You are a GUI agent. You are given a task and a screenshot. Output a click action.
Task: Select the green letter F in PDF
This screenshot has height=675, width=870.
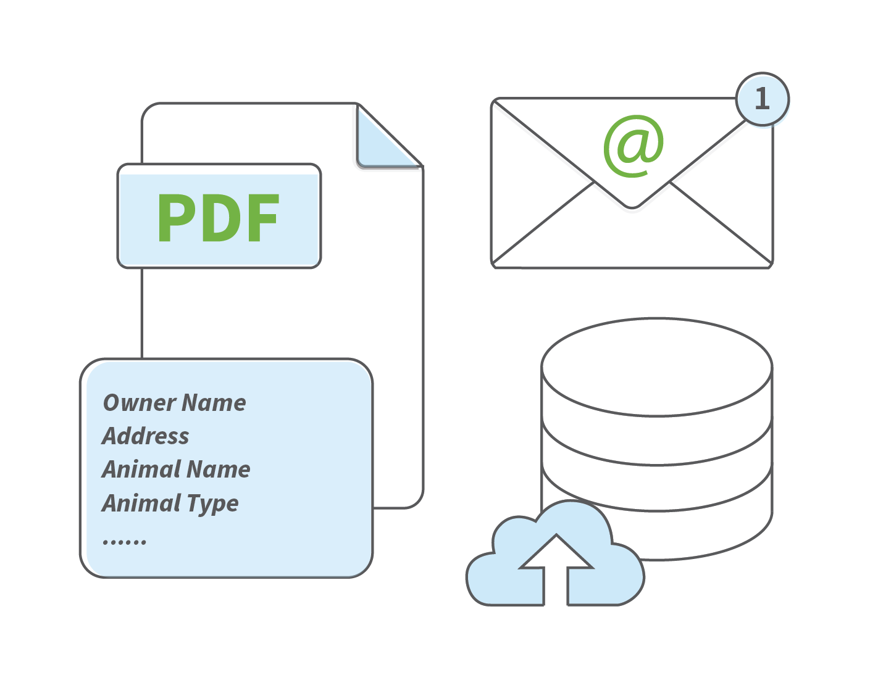point(264,218)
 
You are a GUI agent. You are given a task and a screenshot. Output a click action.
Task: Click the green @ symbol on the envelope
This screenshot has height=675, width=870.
point(634,146)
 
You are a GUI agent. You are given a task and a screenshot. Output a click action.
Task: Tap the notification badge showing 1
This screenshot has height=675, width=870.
point(763,99)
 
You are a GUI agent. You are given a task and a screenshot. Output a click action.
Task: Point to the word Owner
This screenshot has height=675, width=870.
point(140,403)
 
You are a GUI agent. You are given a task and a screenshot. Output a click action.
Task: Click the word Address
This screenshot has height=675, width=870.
point(145,436)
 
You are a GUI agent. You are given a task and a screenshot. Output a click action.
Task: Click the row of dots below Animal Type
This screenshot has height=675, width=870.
point(125,542)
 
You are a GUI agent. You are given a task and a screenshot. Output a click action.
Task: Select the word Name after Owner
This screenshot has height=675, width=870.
point(214,403)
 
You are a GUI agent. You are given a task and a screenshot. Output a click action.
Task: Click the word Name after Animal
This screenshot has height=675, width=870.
point(219,469)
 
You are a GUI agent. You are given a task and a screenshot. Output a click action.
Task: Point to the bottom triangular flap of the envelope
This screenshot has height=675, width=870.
point(632,240)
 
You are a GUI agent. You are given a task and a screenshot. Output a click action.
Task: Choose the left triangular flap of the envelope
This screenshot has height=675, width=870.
point(532,182)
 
